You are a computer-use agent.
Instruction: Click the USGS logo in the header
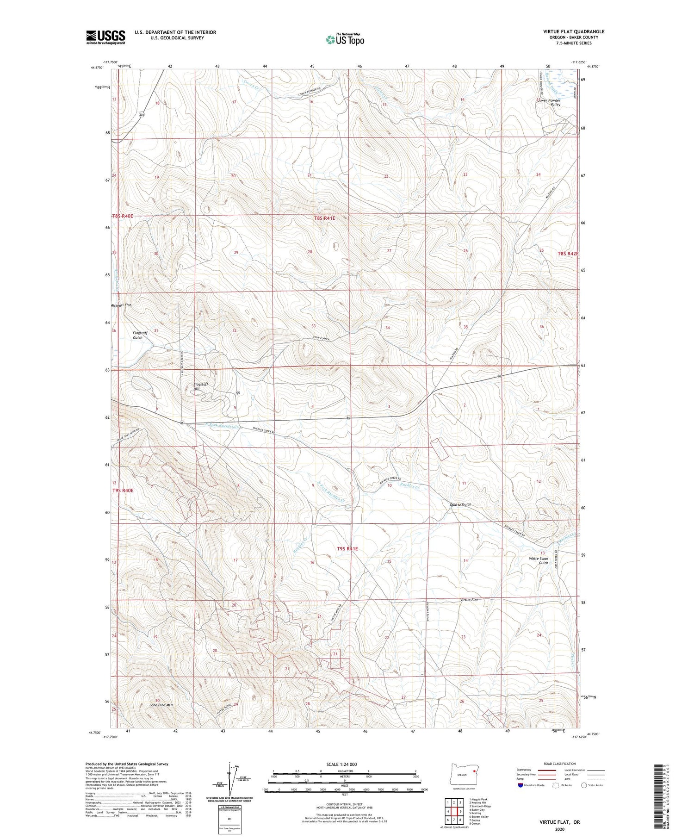coord(105,37)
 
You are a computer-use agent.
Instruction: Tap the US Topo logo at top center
coord(345,39)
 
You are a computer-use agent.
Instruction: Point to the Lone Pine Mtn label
coord(161,705)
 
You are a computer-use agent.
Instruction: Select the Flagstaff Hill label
coord(201,386)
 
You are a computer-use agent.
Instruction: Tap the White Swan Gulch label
coord(539,561)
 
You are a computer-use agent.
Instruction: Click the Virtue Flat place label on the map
coord(469,600)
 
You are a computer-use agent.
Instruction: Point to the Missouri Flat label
coord(122,305)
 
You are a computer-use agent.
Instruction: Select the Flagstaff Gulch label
coord(137,335)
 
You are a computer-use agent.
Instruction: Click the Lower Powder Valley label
coord(551,102)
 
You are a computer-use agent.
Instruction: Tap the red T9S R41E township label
coord(347,548)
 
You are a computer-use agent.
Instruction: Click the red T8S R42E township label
coord(568,254)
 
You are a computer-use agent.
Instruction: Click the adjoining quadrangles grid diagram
coord(454,808)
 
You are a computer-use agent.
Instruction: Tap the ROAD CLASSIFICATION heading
coord(560,764)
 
